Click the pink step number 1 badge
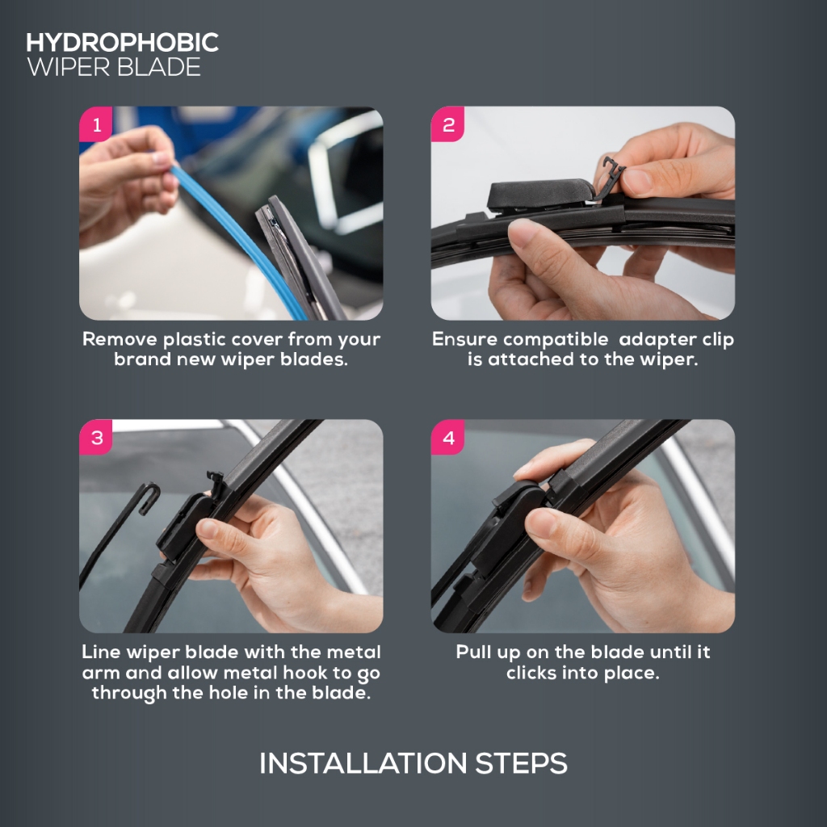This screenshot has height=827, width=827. click(x=96, y=124)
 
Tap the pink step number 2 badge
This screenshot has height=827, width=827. click(x=447, y=124)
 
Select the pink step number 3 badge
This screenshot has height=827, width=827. click(x=96, y=437)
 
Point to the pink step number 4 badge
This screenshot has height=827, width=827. click(x=447, y=437)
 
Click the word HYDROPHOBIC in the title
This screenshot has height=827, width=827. click(x=123, y=43)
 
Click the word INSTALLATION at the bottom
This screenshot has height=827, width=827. click(x=363, y=763)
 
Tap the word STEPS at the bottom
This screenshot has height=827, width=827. click(x=521, y=763)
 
